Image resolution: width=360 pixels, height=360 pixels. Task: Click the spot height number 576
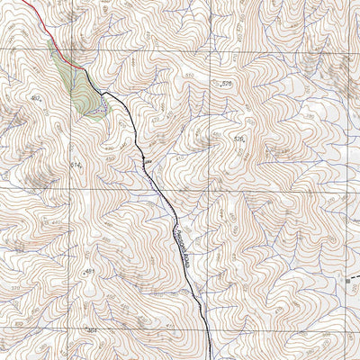coord(227,83)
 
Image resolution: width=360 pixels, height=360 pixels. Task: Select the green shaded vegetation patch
coord(81,85)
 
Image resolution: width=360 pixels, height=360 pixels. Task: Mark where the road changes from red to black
coord(89,70)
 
